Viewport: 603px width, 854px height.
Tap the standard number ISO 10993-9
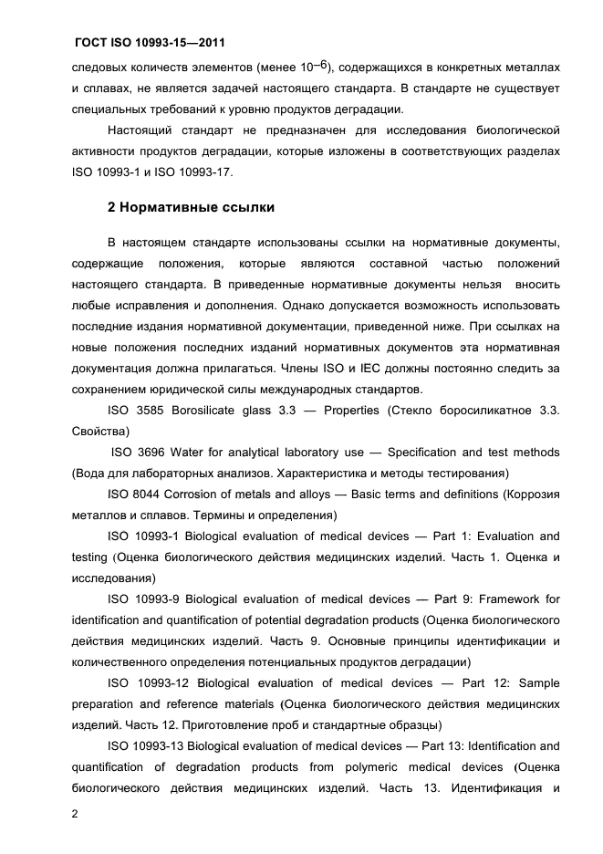click(x=145, y=599)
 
